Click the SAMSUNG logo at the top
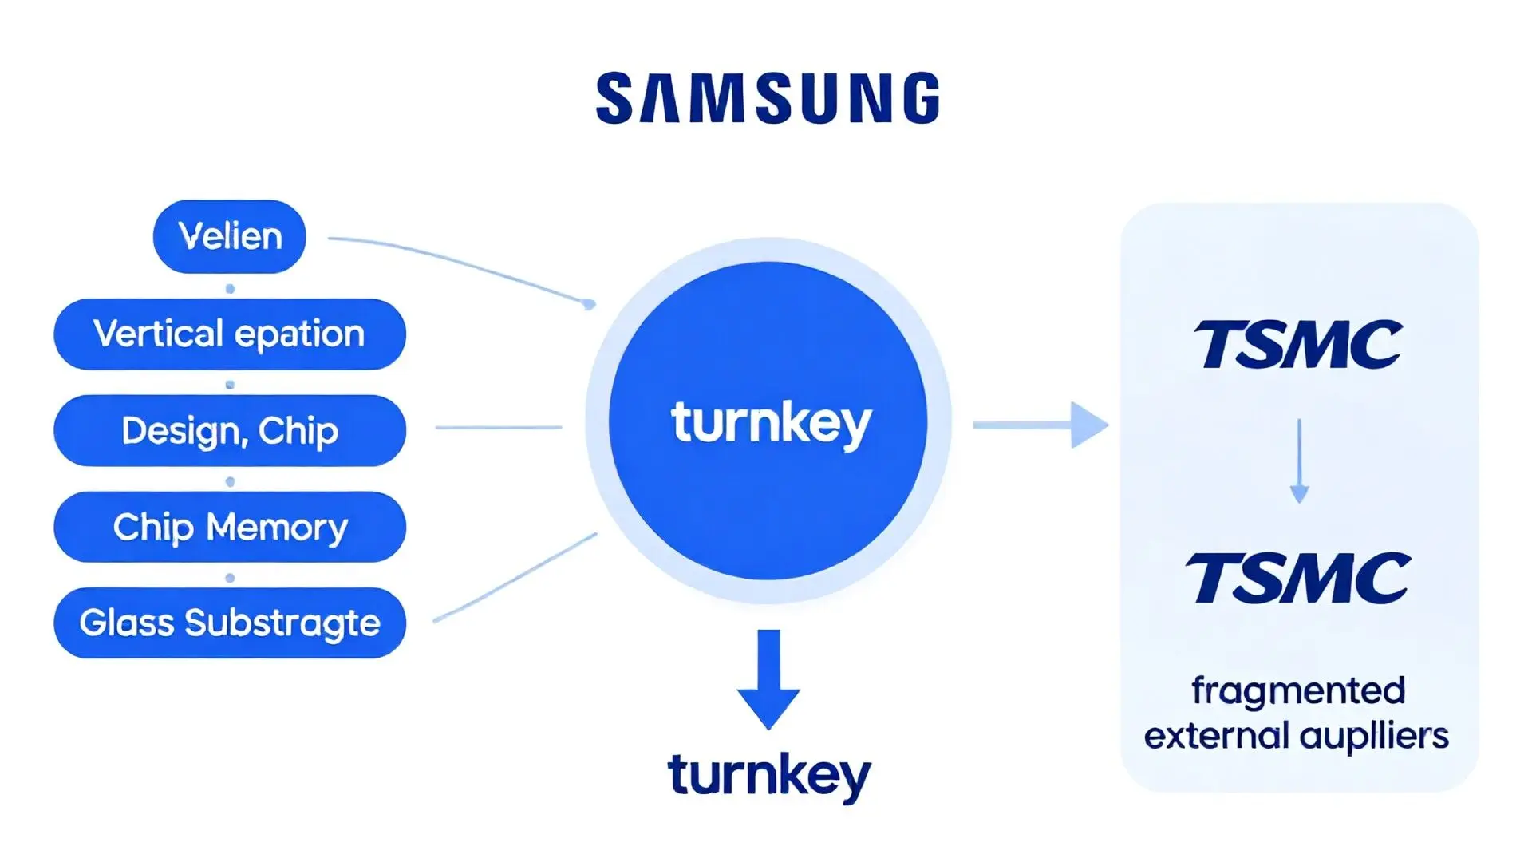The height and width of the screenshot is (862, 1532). point(768,98)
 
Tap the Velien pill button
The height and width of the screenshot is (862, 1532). point(230,236)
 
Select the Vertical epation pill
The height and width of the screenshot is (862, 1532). point(230,334)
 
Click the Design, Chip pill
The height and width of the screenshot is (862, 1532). point(230,430)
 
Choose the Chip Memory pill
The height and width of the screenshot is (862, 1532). point(230,527)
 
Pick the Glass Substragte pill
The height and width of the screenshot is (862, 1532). point(230,623)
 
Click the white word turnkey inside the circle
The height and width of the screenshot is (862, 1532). point(770,422)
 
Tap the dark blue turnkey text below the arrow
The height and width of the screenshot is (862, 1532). point(769,775)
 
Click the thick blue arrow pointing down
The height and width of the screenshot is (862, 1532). point(768,678)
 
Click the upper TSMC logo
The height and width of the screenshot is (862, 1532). point(1298,345)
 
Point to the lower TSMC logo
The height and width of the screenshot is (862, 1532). point(1298,577)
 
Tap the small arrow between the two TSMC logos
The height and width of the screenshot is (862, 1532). point(1299,461)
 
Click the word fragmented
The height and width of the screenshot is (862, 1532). point(1298,691)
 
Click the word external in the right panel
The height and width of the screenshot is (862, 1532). point(1216,736)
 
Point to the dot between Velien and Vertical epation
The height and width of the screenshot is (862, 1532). point(230,288)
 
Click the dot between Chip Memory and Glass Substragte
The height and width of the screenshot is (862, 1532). point(230,578)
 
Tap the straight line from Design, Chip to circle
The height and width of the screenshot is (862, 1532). point(499,428)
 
